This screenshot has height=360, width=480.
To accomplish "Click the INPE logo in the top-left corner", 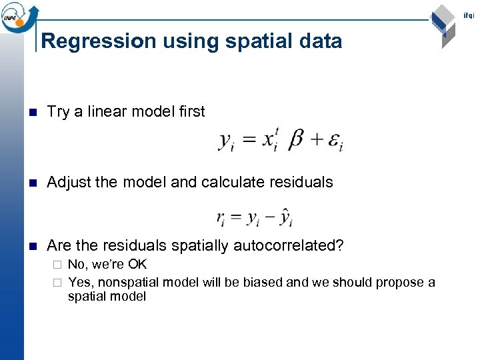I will click(17, 16).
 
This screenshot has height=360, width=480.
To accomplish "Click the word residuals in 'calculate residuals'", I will click(300, 182).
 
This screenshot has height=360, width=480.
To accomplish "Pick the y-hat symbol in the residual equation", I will click(285, 217).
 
